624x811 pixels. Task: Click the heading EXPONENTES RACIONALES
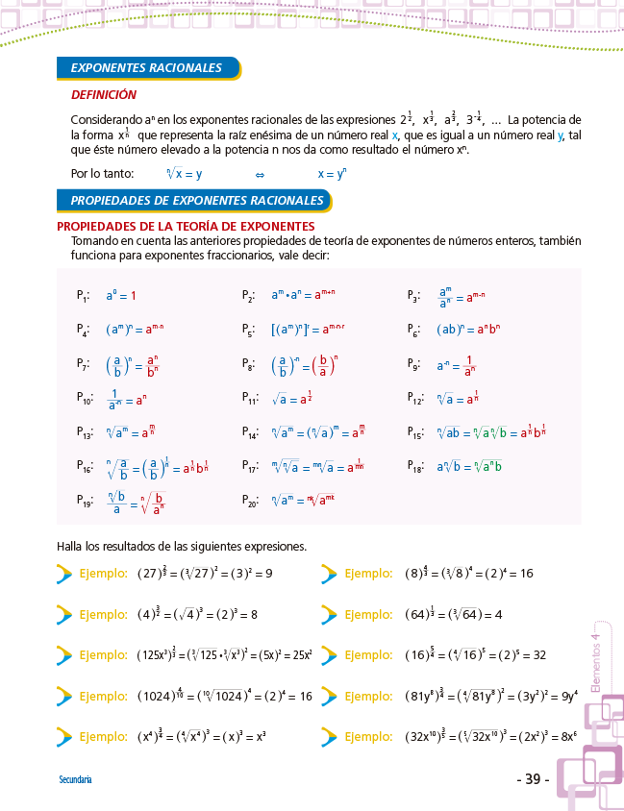point(146,68)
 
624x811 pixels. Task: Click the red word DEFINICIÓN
point(104,95)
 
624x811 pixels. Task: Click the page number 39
point(532,779)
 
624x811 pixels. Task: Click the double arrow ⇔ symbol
point(259,175)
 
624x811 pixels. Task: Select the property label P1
point(84,296)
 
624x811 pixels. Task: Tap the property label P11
point(251,398)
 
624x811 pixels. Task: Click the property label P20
point(251,500)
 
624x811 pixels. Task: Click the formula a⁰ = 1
point(121,296)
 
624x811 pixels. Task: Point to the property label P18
point(416,466)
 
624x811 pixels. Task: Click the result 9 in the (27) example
point(269,574)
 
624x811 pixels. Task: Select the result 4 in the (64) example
point(499,614)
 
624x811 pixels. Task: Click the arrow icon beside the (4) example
point(64,614)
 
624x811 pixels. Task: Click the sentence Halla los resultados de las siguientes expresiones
point(182,547)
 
